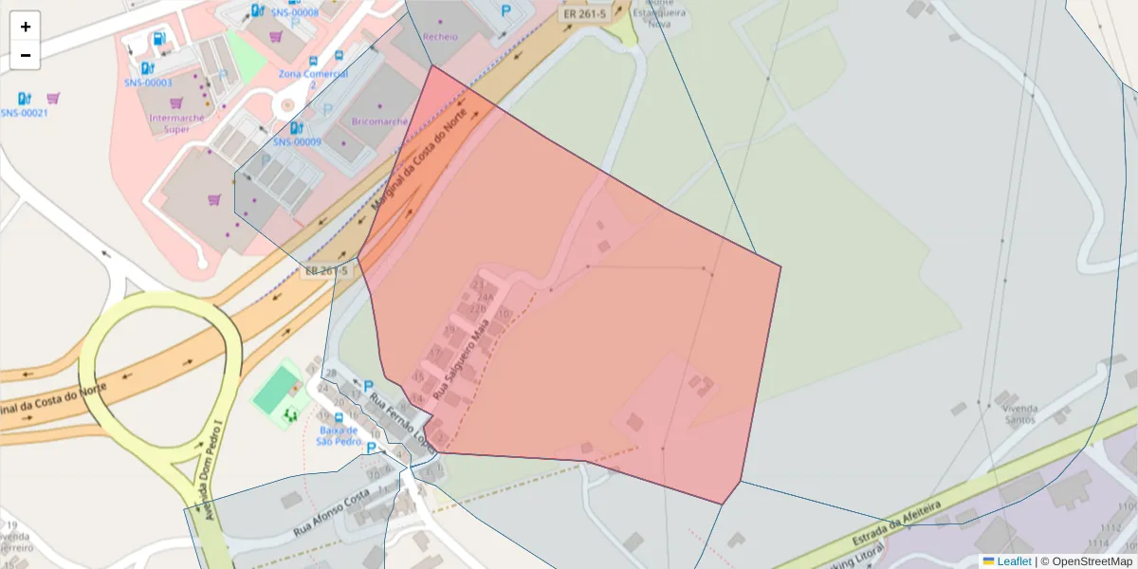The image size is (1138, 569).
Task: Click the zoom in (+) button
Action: click(x=26, y=27)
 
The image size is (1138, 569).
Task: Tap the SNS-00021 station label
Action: click(x=25, y=113)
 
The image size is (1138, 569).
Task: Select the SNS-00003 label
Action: click(x=148, y=83)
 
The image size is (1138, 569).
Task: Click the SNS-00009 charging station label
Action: click(x=298, y=141)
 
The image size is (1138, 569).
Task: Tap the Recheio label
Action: click(x=440, y=37)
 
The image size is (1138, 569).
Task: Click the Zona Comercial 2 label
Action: click(x=313, y=78)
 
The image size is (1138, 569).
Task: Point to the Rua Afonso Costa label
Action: click(x=331, y=513)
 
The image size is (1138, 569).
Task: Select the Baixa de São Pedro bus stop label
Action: click(x=338, y=434)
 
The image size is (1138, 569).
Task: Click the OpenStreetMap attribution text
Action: click(x=1086, y=561)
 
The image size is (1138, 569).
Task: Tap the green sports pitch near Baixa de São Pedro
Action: click(x=274, y=388)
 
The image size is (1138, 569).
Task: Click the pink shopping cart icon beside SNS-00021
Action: click(x=54, y=98)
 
